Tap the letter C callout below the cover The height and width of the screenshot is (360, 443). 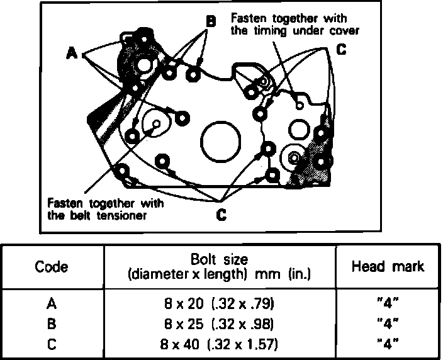(x=221, y=215)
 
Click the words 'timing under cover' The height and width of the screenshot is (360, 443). (x=294, y=30)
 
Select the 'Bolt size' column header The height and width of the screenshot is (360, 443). (x=218, y=259)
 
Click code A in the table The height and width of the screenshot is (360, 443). (x=52, y=305)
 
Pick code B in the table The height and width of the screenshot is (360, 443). (x=52, y=325)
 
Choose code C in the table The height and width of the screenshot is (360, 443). (x=52, y=345)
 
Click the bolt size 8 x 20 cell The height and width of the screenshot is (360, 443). (x=218, y=305)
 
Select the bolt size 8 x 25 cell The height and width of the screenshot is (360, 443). (x=218, y=325)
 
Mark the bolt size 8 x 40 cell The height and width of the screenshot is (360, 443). (x=218, y=345)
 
